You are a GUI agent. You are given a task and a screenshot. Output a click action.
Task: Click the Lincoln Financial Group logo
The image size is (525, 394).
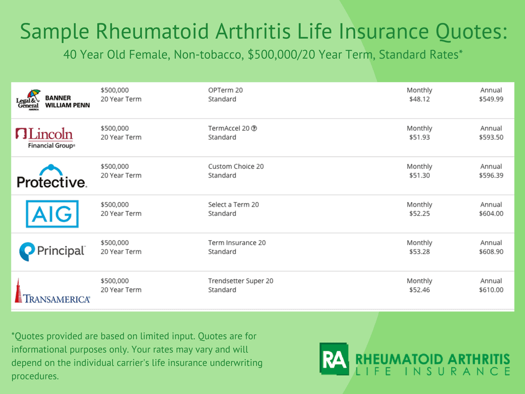click(46, 138)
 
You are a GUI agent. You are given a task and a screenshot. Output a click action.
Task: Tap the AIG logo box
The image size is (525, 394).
click(52, 214)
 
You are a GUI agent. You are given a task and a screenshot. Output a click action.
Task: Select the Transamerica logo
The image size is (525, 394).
click(52, 291)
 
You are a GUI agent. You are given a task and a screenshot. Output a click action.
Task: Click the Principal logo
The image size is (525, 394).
click(52, 251)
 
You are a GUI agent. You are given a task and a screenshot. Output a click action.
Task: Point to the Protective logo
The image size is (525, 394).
click(52, 176)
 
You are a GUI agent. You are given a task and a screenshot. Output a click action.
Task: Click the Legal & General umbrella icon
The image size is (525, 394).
click(34, 94)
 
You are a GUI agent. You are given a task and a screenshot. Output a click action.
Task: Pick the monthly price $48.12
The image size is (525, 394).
click(419, 99)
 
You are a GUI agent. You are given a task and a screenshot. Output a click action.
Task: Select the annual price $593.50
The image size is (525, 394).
click(491, 137)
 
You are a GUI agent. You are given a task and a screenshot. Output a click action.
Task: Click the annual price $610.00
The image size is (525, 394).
click(491, 290)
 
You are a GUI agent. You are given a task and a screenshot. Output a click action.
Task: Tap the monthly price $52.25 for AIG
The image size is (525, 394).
click(419, 214)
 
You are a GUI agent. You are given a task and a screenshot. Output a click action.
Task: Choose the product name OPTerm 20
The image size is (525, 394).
click(226, 90)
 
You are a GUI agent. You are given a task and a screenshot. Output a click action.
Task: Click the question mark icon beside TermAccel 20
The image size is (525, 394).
click(254, 128)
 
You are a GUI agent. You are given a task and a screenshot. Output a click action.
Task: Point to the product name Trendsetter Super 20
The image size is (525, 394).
click(241, 281)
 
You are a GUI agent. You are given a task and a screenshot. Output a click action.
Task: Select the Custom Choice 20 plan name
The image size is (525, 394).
click(236, 167)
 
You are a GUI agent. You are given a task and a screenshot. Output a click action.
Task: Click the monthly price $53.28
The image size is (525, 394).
click(419, 251)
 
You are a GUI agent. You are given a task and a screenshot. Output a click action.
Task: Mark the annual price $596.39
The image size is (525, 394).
click(491, 175)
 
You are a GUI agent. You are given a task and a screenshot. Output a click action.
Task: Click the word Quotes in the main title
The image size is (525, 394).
click(471, 31)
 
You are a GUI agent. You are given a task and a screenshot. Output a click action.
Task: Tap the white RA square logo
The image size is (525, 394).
click(334, 359)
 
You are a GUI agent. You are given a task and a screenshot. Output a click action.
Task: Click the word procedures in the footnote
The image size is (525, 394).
click(35, 377)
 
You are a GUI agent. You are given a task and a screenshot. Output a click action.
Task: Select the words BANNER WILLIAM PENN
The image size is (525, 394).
click(67, 102)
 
